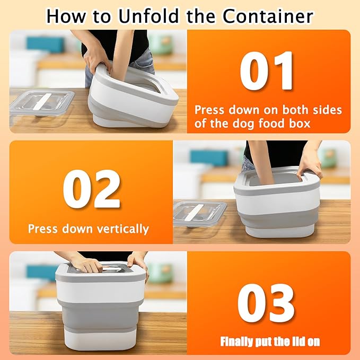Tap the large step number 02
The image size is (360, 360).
[91, 189]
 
